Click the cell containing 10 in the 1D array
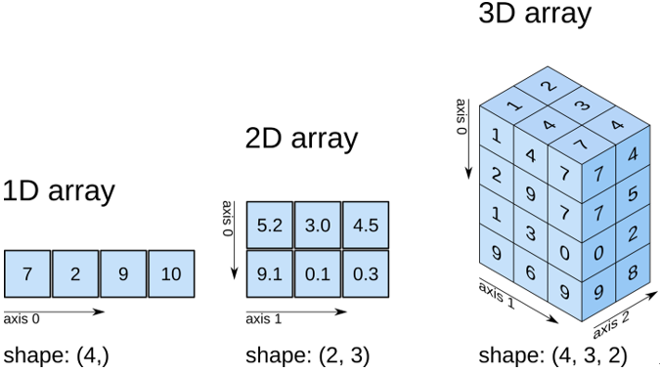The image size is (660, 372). pyautogui.click(x=171, y=274)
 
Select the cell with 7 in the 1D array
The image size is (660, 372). pyautogui.click(x=27, y=274)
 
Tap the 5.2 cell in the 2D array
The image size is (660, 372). pyautogui.click(x=269, y=226)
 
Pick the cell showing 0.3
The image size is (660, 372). pyautogui.click(x=365, y=274)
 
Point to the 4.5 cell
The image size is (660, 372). pyautogui.click(x=365, y=226)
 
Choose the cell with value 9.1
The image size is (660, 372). pyautogui.click(x=269, y=274)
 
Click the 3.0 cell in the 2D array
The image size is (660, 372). pyautogui.click(x=317, y=226)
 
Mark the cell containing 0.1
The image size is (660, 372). pyautogui.click(x=317, y=274)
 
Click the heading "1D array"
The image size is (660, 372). pyautogui.click(x=59, y=190)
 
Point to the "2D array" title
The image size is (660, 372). pyautogui.click(x=301, y=139)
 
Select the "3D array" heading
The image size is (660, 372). pyautogui.click(x=535, y=14)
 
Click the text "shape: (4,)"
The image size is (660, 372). pyautogui.click(x=56, y=354)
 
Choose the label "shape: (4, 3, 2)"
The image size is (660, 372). pyautogui.click(x=552, y=354)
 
